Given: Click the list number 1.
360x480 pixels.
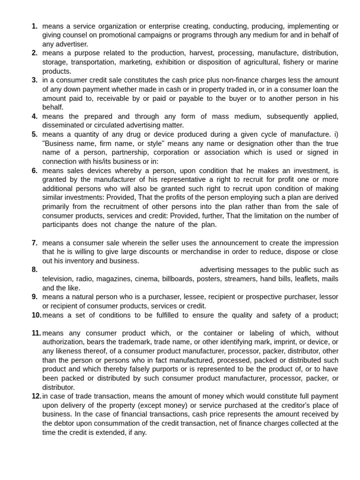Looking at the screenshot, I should tap(34, 26).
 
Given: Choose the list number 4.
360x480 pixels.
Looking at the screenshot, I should tap(34, 116).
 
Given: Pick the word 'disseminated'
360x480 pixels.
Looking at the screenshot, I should tap(63, 125).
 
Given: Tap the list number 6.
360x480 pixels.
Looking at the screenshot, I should tap(34, 171).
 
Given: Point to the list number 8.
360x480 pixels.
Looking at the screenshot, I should tap(34, 270).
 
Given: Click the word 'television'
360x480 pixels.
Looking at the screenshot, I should tap(58, 279).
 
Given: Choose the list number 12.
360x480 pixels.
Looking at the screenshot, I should tap(36, 396).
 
